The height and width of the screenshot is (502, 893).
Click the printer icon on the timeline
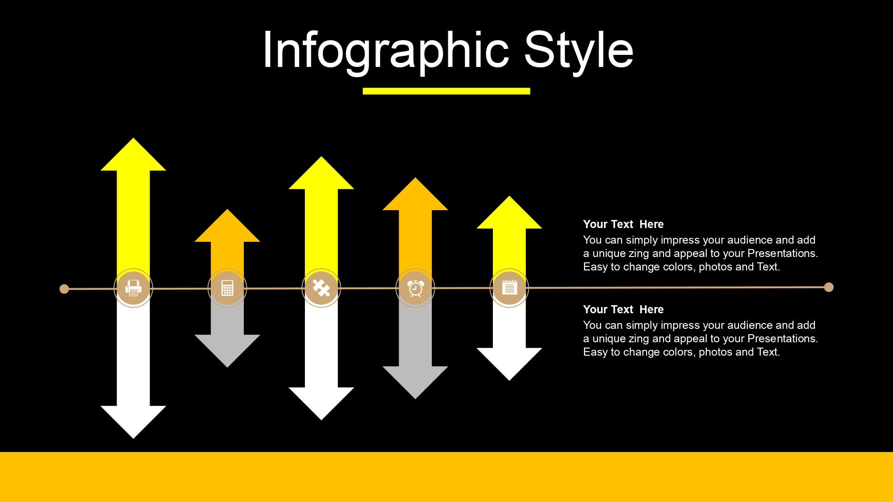tap(133, 288)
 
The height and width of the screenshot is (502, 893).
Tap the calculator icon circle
tap(227, 288)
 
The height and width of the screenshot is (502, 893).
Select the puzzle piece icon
tap(321, 288)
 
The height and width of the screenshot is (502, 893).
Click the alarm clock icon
tap(415, 289)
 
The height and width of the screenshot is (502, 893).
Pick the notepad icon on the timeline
tap(509, 287)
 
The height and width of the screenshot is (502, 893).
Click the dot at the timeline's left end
tap(64, 289)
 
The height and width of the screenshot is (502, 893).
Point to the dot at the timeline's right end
tap(829, 287)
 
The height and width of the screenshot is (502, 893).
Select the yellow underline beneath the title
tap(446, 91)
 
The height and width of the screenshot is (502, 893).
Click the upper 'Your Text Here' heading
tap(623, 224)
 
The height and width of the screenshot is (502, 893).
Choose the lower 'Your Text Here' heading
tap(623, 309)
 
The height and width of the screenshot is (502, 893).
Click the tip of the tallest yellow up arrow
tap(133, 138)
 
